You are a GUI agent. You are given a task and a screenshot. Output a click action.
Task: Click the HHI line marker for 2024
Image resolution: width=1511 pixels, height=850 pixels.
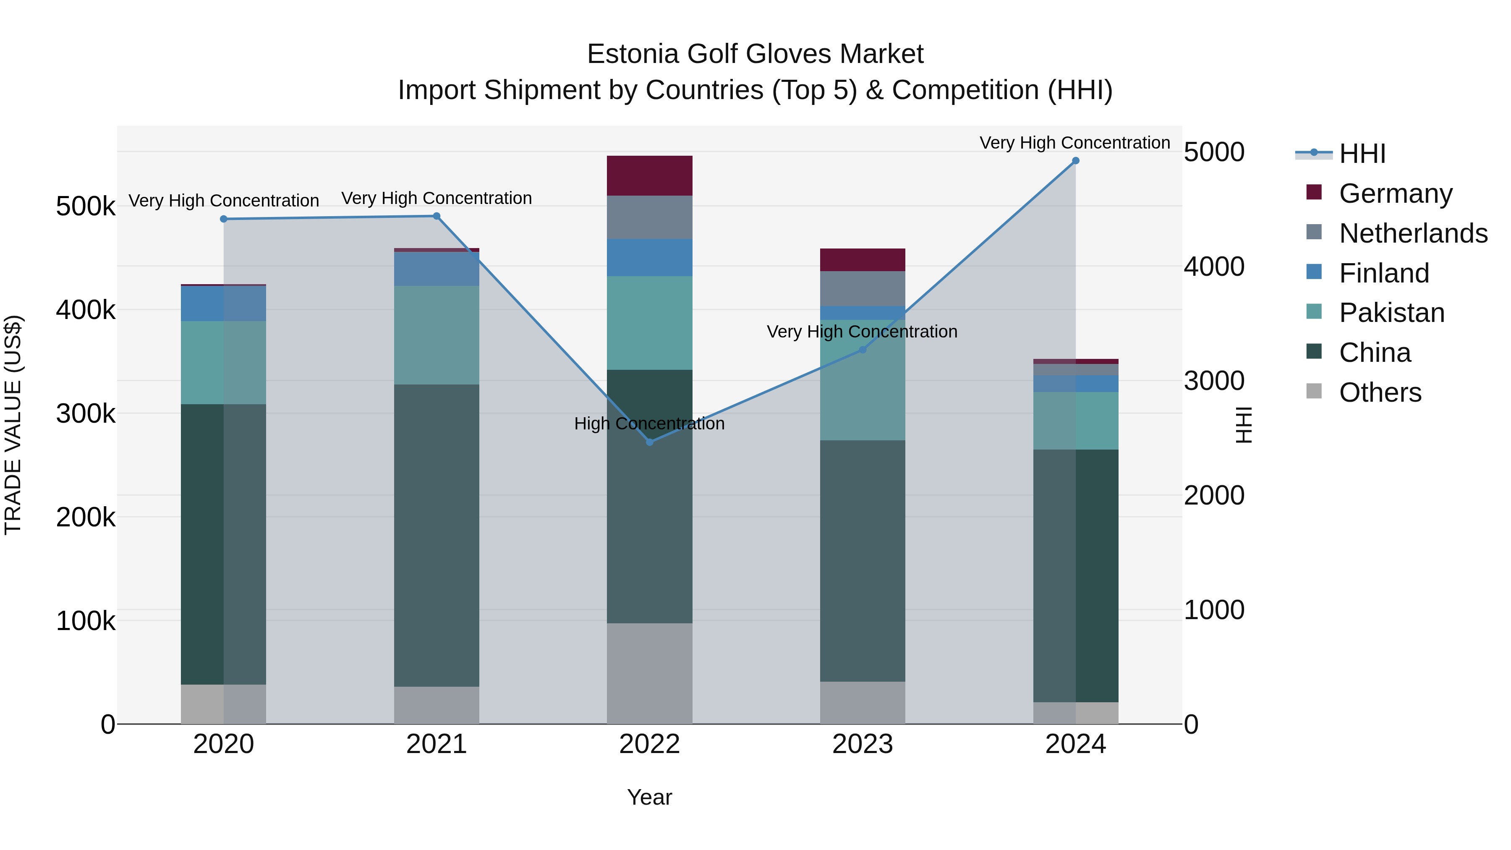[1075, 161]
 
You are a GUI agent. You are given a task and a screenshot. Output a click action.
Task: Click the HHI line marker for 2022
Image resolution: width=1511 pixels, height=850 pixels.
[649, 442]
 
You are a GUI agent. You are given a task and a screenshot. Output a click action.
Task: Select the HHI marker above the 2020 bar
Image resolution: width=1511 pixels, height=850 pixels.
[223, 219]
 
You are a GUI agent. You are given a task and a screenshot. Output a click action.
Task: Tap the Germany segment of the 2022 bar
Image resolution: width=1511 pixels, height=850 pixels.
[649, 175]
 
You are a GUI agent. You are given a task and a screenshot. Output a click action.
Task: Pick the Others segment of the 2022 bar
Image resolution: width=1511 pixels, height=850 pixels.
[649, 673]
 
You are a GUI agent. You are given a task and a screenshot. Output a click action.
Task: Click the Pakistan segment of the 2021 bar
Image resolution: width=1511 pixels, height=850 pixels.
[437, 335]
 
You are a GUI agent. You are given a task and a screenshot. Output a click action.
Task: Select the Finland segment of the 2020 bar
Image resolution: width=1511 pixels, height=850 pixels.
[223, 303]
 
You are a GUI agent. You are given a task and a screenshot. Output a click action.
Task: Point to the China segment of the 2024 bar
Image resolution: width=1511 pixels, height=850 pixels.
[1075, 575]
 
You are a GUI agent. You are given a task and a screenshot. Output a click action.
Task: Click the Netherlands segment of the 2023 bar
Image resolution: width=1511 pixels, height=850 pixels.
[862, 288]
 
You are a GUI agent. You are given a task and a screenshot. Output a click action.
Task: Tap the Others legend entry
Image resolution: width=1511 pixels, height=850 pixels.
[1380, 392]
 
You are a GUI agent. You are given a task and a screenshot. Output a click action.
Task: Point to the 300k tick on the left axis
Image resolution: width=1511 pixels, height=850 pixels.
[86, 413]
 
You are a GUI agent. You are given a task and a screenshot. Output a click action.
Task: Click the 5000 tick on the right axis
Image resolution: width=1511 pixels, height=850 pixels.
[1213, 152]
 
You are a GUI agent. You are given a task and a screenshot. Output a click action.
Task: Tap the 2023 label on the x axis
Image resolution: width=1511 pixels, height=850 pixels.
[862, 744]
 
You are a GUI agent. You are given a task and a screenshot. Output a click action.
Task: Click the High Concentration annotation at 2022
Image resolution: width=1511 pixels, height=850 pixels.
[649, 424]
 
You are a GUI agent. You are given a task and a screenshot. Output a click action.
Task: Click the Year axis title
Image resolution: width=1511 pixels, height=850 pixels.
[649, 797]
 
